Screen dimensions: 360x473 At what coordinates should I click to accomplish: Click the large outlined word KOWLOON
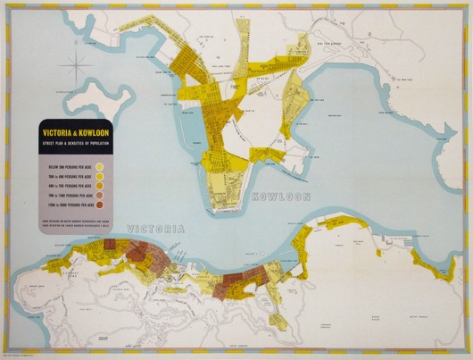(284, 194)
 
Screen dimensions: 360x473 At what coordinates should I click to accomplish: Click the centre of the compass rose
(78, 66)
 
